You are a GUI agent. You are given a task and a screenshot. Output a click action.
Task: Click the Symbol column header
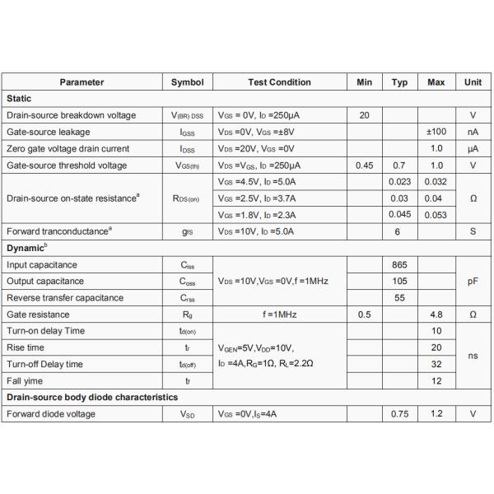(x=187, y=82)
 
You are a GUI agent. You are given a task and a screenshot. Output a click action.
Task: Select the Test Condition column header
(x=279, y=82)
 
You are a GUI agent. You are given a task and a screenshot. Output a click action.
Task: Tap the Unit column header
(x=473, y=82)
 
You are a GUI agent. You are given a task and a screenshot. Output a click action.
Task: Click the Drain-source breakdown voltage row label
(x=72, y=115)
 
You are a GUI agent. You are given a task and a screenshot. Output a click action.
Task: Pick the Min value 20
(x=364, y=115)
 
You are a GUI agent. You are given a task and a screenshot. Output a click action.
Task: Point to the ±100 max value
(x=436, y=132)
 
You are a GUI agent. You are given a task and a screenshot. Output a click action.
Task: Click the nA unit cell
(x=473, y=132)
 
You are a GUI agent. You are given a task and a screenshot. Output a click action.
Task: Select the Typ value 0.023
(x=399, y=182)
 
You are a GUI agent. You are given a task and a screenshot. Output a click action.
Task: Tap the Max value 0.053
(x=436, y=215)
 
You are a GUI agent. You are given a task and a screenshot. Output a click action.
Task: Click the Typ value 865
(x=399, y=265)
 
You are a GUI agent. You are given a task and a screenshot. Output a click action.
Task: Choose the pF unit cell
(x=473, y=282)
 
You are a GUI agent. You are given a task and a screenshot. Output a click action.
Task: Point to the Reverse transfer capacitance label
(x=65, y=298)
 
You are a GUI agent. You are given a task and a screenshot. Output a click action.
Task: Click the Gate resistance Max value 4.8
(x=436, y=315)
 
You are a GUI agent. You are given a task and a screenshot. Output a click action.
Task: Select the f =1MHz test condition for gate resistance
(x=279, y=315)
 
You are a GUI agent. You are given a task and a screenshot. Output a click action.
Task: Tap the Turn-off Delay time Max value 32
(x=436, y=364)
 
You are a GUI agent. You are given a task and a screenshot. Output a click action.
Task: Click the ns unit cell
(x=473, y=356)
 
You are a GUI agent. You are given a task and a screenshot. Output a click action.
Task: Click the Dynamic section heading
(x=28, y=248)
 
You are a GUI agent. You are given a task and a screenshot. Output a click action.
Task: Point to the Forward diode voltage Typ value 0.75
(x=399, y=414)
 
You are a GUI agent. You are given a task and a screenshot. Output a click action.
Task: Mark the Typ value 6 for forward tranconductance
(x=399, y=231)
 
